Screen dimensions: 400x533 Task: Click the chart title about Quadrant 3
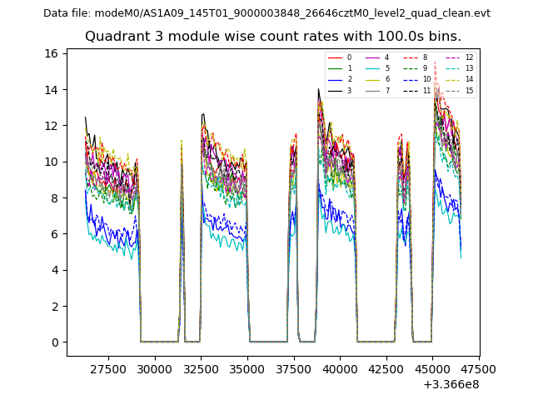272,37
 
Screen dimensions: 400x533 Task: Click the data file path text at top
266,13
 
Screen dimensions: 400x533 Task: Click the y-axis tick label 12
52,126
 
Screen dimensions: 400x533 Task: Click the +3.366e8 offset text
451,384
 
